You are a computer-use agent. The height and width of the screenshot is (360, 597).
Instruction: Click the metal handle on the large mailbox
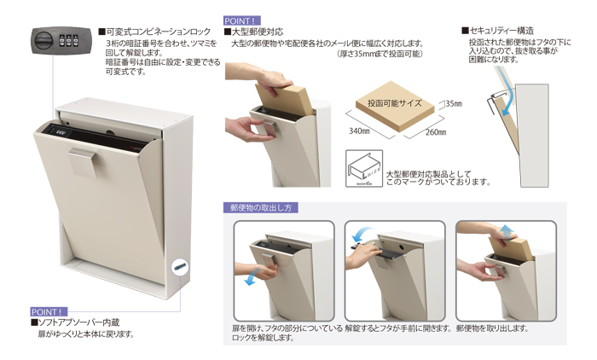point(84,163)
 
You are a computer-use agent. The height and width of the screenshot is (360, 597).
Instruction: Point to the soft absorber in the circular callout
point(181,267)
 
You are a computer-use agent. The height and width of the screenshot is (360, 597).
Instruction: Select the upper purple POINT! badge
point(242,21)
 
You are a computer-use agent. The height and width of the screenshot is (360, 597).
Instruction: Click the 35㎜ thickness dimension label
point(454,103)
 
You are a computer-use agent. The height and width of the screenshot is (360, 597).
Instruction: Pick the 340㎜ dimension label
point(359,131)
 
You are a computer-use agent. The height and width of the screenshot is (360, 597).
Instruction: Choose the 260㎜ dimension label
point(436,132)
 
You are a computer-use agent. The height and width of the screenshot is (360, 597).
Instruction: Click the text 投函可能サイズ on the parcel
point(394,103)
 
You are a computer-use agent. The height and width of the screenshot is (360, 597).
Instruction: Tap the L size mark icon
point(364,168)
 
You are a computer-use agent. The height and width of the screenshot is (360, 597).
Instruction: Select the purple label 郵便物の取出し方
point(261,208)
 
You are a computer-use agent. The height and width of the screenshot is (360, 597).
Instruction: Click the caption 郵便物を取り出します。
point(492,328)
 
